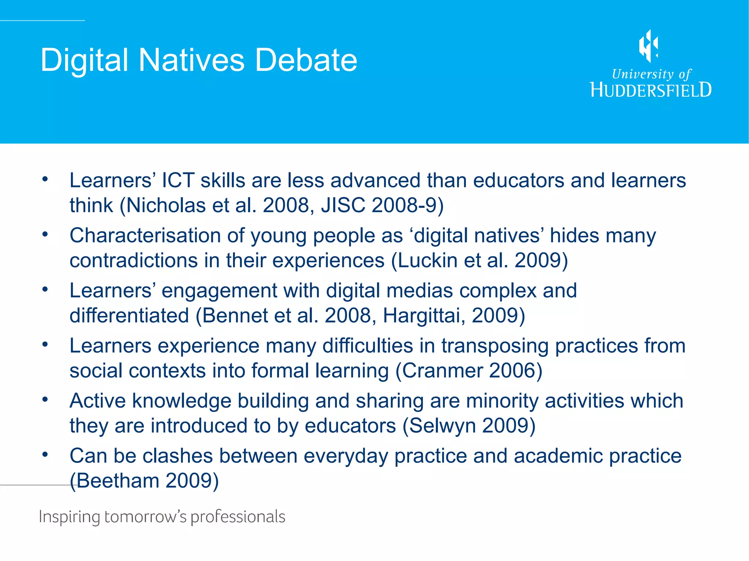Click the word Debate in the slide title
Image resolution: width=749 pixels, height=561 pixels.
point(306,60)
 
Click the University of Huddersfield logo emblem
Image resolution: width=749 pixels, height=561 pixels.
point(648,46)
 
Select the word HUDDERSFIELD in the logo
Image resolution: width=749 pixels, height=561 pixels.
point(651,90)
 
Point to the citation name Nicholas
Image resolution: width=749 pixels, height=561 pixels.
point(166,205)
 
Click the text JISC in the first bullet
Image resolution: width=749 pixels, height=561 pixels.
point(343,205)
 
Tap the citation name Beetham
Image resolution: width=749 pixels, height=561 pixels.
point(118,481)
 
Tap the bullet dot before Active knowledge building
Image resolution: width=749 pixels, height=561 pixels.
point(45,400)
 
